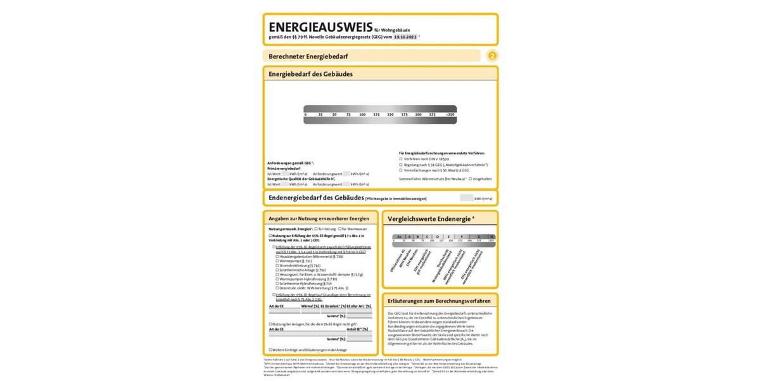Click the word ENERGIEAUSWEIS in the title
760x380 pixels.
coord(320,27)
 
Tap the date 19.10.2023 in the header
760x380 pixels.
coord(405,37)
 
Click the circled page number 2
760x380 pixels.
coord(492,56)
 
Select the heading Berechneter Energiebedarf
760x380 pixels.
coord(308,56)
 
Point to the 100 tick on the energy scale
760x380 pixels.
coord(362,115)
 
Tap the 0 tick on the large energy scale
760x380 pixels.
coord(305,115)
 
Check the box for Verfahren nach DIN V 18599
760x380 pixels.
coord(401,158)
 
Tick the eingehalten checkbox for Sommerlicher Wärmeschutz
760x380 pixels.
coord(470,179)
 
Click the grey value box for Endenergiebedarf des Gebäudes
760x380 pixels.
coord(466,198)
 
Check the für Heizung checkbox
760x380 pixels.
coord(316,228)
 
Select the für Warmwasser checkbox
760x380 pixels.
coord(340,228)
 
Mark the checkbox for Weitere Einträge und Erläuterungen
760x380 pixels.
coord(270,350)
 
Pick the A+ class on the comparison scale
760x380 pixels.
coord(399,236)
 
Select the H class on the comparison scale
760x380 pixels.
coord(491,236)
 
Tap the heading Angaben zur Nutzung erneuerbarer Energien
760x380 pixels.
coord(319,218)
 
